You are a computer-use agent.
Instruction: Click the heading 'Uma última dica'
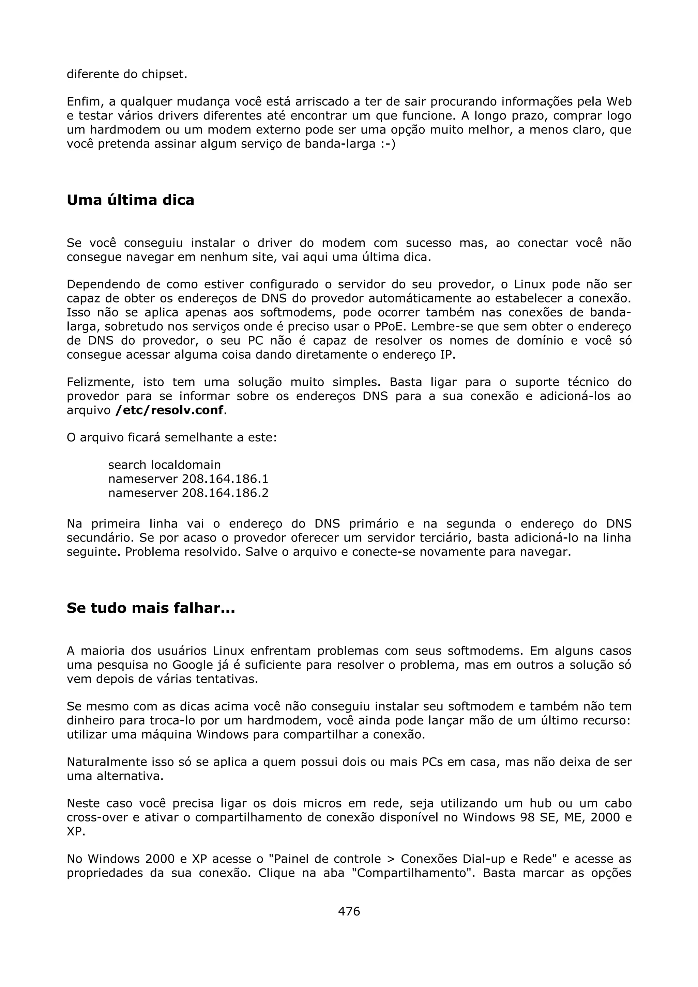[130, 200]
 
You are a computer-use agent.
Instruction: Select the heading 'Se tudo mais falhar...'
[151, 608]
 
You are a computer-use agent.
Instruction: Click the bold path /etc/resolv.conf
[169, 410]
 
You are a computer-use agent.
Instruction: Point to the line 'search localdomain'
[164, 465]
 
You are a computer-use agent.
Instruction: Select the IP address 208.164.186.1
[225, 479]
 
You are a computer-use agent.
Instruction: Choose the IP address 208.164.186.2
[225, 492]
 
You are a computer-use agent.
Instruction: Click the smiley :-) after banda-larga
[387, 144]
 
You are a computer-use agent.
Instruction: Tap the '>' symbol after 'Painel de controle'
[391, 859]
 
